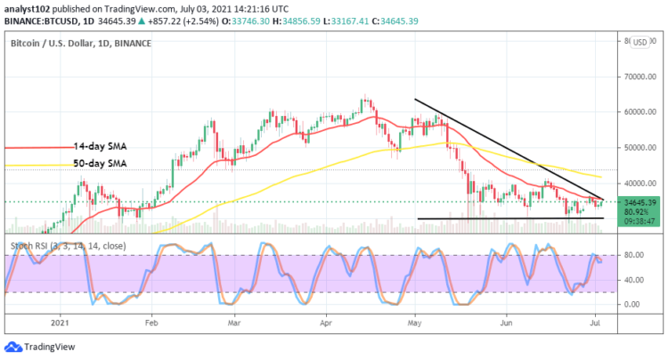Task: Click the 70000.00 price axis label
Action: click(x=639, y=77)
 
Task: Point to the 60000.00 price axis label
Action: click(x=639, y=112)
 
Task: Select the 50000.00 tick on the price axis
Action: click(x=639, y=148)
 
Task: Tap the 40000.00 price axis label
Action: click(x=639, y=183)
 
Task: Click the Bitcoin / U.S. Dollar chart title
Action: click(x=80, y=43)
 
